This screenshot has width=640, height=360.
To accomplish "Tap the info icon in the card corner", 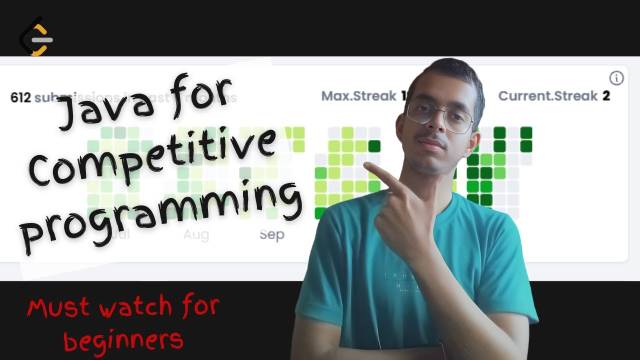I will click(616, 78).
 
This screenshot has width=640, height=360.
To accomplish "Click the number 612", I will click(20, 97).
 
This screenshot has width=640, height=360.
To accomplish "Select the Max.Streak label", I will click(358, 96).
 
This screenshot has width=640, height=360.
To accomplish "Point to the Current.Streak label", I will click(548, 96).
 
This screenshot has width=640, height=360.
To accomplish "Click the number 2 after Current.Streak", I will click(606, 96).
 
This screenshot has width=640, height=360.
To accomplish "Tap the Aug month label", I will click(196, 234).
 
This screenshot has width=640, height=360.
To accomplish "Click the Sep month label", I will click(271, 234).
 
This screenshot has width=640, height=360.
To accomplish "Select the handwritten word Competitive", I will click(150, 155).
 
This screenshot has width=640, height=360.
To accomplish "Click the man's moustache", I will click(431, 142).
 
